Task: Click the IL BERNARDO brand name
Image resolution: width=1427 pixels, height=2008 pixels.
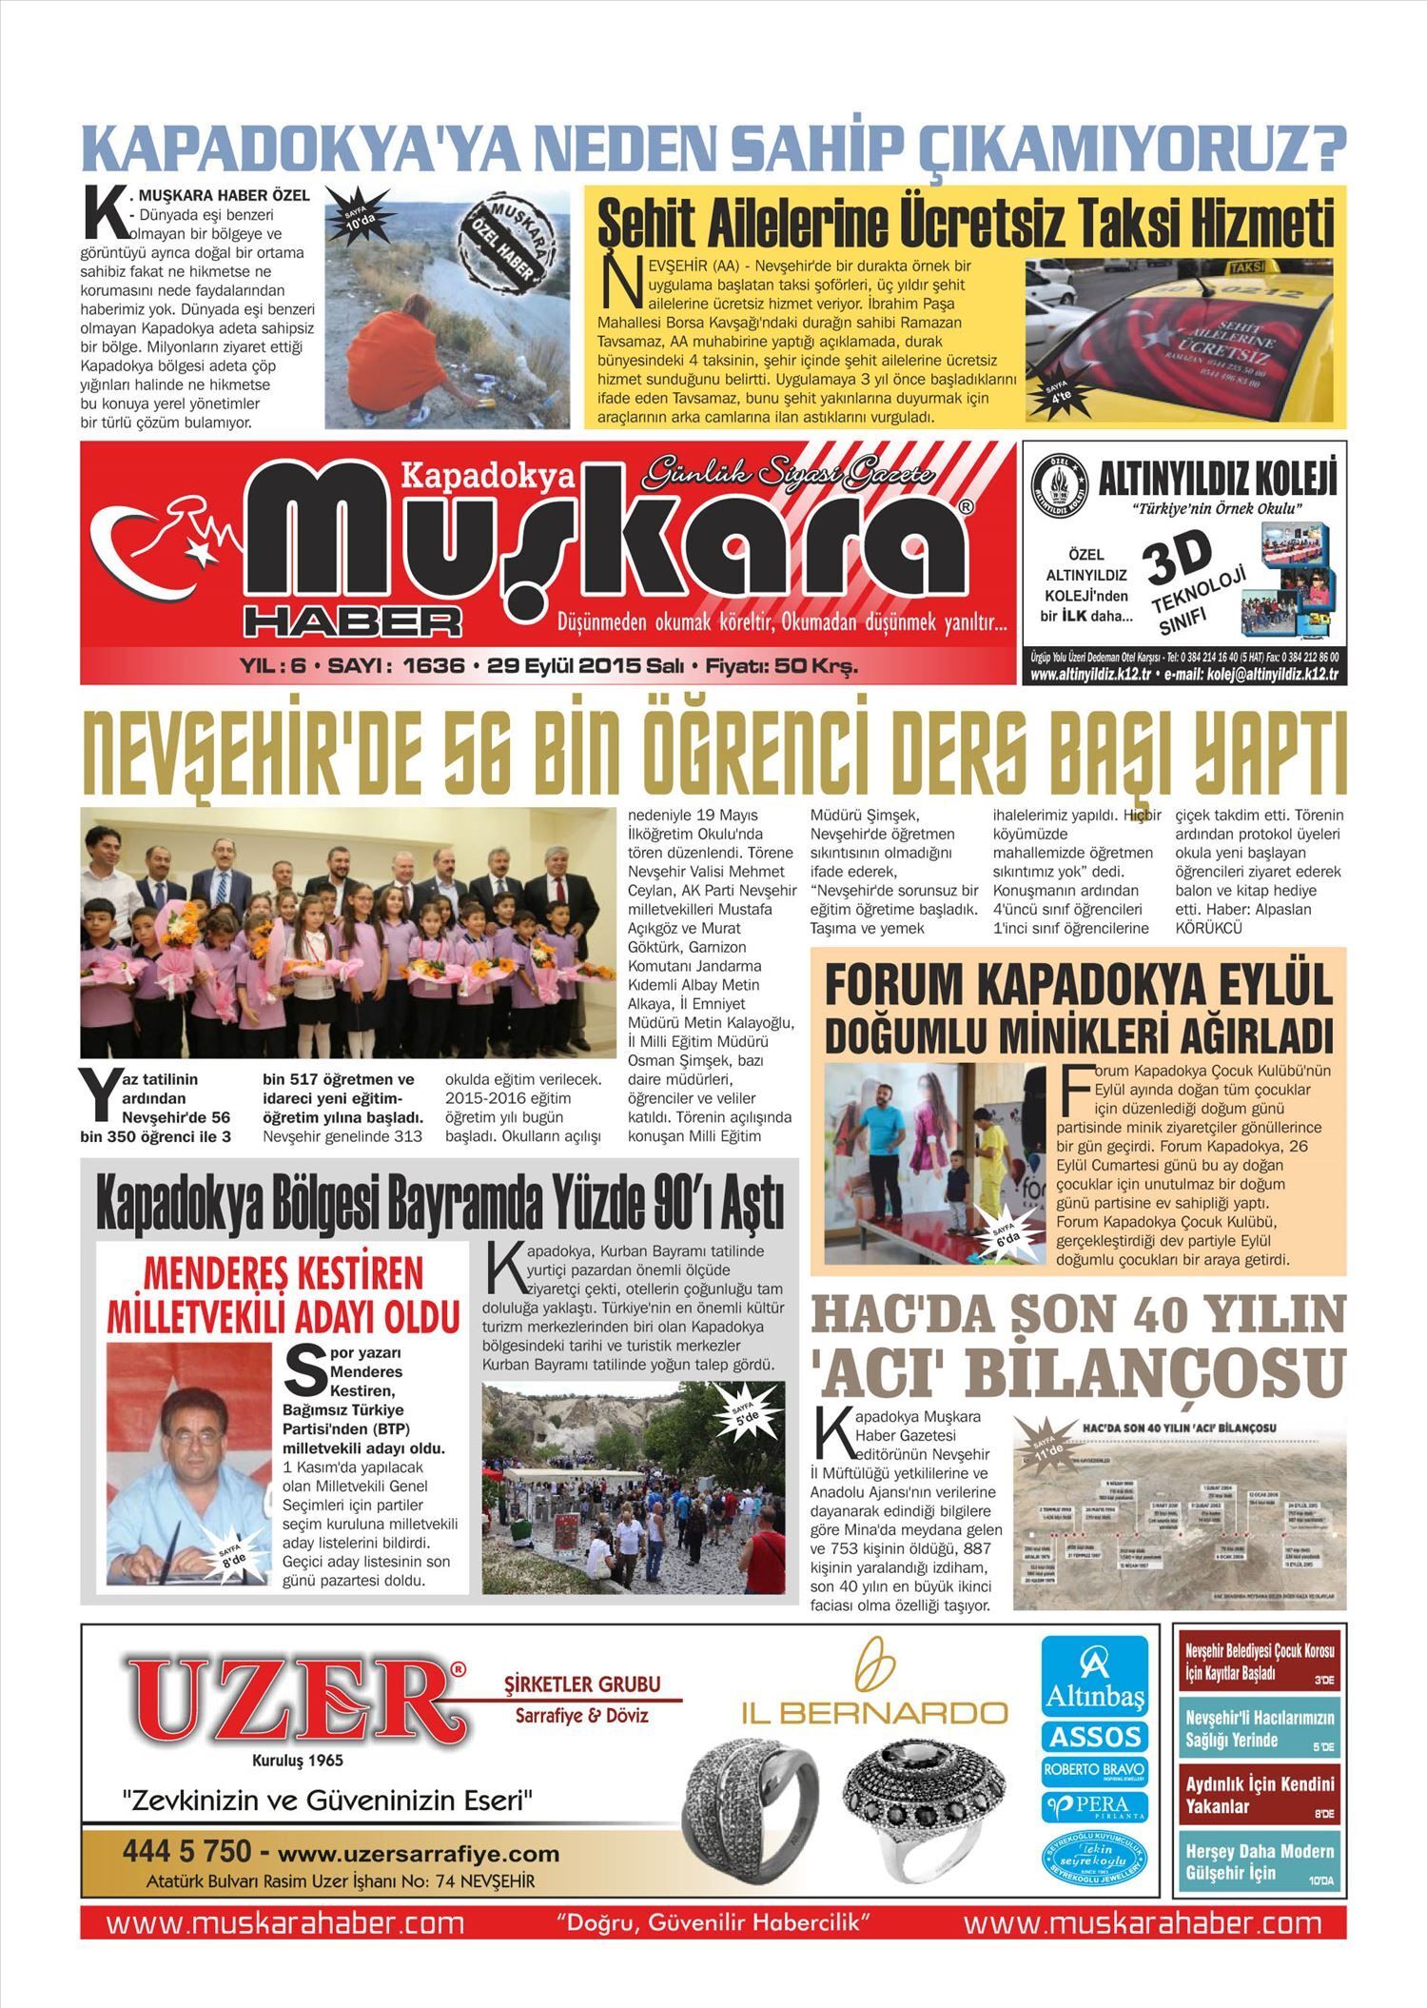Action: pyautogui.click(x=874, y=1713)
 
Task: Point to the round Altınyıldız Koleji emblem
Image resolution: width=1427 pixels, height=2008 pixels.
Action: pyautogui.click(x=1059, y=485)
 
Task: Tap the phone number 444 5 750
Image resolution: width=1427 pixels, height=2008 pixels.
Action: pyautogui.click(x=186, y=1852)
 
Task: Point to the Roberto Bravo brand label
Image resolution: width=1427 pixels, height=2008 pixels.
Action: pyautogui.click(x=1095, y=1772)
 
